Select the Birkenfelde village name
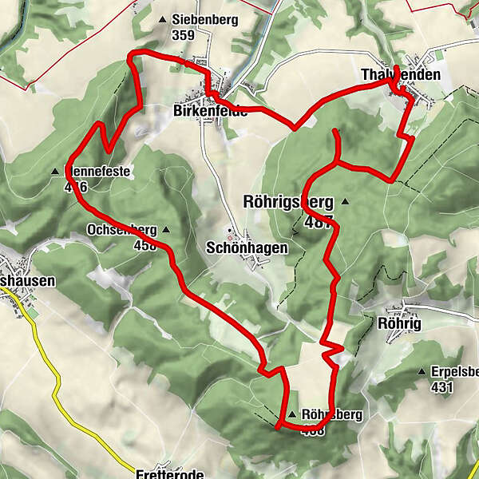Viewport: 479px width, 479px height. (210, 112)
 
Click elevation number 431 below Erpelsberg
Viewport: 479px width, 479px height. (441, 387)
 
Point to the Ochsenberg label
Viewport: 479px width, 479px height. (121, 231)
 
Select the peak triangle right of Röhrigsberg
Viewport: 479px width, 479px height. (345, 201)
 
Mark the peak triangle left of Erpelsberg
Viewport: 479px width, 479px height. (422, 372)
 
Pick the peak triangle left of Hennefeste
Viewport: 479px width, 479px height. (55, 171)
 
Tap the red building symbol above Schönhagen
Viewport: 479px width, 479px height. (231, 236)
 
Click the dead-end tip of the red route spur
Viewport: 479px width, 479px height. (336, 130)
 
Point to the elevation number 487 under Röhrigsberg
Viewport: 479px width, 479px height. (317, 224)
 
